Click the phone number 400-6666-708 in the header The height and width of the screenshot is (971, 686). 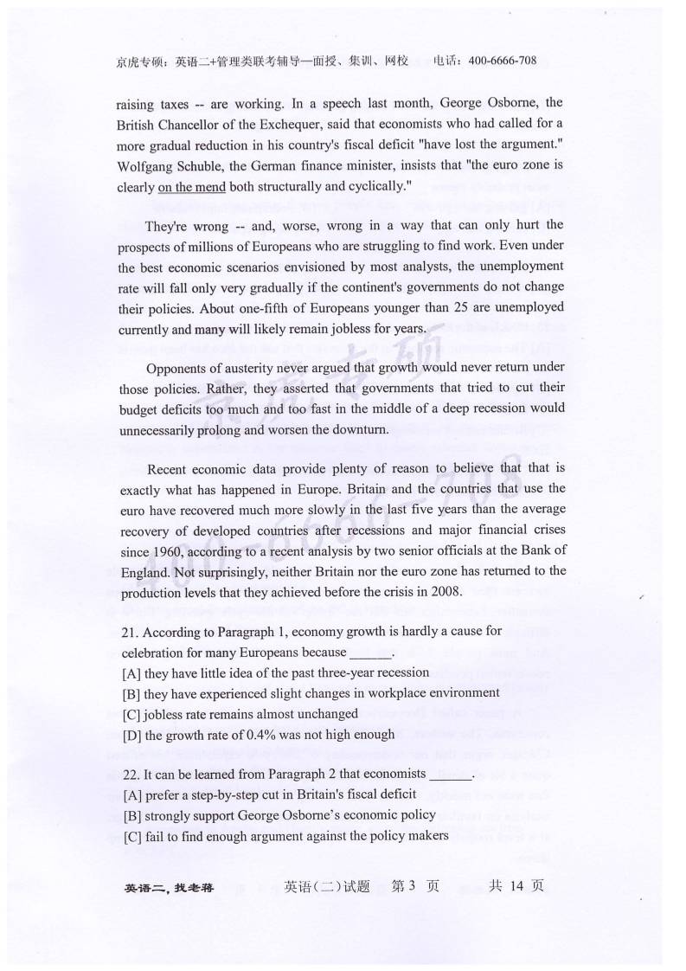tap(502, 61)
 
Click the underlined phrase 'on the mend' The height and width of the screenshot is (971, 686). tap(192, 186)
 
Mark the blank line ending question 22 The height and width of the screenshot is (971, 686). tap(451, 777)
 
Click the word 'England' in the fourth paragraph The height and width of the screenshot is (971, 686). tap(144, 571)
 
